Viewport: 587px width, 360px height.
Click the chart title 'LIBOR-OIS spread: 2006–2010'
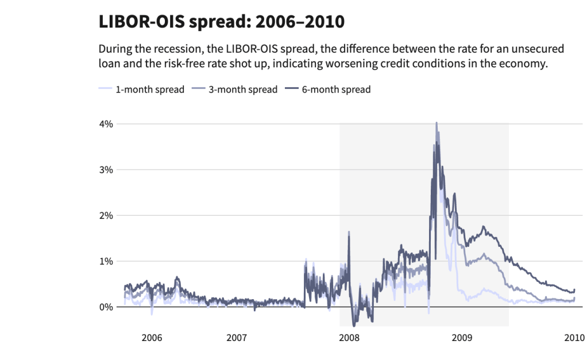[x=222, y=22]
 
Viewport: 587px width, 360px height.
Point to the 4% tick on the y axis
[x=107, y=124]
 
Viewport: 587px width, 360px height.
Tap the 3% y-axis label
[x=107, y=170]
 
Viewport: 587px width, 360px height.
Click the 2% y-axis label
[x=107, y=215]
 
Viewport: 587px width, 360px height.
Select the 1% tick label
[x=107, y=261]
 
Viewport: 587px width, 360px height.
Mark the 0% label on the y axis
[x=107, y=307]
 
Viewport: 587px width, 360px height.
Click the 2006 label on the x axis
[x=152, y=337]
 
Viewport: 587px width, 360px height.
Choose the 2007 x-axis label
[x=237, y=337]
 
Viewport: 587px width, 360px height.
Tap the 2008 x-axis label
[x=349, y=337]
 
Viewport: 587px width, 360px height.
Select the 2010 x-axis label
[x=574, y=337]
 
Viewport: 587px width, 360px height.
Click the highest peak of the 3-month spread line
[x=437, y=123]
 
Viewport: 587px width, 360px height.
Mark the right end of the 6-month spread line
[x=574, y=289]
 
